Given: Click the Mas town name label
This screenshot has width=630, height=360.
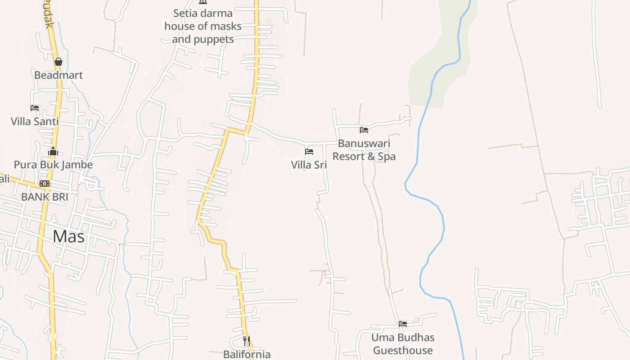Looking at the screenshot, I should point(68,236).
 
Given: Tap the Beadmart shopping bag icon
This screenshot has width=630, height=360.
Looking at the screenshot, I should point(58,62).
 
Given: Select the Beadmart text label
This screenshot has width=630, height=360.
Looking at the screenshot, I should point(58,75).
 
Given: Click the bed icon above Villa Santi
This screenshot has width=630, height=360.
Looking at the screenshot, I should point(35,108).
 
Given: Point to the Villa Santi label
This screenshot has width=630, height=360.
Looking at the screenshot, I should point(35,121).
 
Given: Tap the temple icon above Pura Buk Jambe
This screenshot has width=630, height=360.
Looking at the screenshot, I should point(53,151).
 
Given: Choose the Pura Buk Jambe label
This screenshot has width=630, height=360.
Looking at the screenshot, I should point(53,165).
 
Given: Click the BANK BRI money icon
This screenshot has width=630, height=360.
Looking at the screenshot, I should point(44,184).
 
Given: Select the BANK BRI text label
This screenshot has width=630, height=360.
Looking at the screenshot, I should point(45,197).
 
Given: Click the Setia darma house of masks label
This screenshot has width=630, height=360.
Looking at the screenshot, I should point(203,26).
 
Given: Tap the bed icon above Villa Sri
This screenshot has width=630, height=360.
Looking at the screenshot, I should point(309,152).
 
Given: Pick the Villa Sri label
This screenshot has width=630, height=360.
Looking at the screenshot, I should point(309,165).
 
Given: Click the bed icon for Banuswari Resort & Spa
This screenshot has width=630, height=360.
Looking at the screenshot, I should point(364,130).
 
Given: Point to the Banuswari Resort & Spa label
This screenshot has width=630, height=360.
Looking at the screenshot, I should point(364,150).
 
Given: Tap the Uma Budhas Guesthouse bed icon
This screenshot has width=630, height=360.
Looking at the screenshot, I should point(403,324).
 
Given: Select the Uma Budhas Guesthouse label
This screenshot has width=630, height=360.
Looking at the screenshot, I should point(403,344).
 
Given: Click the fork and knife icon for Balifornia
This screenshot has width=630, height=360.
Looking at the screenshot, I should point(247,341).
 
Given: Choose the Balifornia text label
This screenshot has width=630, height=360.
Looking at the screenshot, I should point(247,354).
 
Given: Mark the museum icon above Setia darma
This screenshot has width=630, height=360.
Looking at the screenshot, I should point(203,2).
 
